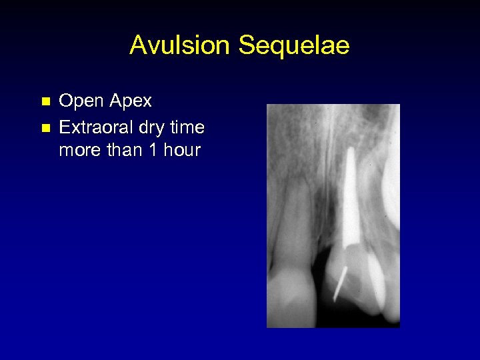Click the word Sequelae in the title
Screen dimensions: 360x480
coord(294,46)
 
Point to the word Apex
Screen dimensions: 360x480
coord(131,101)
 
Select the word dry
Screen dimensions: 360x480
coord(155,127)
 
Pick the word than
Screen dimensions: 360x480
coord(125,150)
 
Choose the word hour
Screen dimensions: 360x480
coord(181,150)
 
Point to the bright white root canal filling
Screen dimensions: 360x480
coord(349,200)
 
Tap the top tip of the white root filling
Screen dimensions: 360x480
coord(348,151)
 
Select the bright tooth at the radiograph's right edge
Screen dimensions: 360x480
coord(390,193)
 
